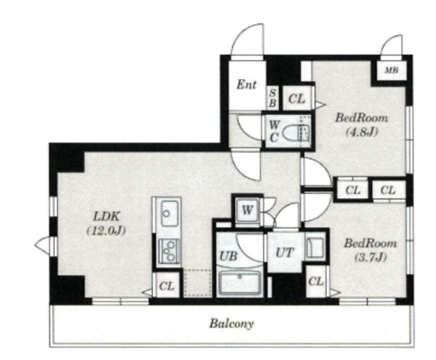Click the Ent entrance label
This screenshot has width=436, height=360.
click(246, 84)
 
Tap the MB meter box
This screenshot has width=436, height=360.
click(391, 70)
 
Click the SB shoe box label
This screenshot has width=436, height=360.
click(272, 98)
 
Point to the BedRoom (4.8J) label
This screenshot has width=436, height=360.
click(361, 125)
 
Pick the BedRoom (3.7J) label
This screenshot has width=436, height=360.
click(370, 250)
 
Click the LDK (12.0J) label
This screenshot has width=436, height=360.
click(106, 223)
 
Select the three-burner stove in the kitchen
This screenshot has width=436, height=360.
click(168, 251)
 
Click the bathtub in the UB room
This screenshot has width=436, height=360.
click(240, 283)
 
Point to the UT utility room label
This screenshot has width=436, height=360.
click(284, 252)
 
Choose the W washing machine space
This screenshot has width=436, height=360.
click(247, 210)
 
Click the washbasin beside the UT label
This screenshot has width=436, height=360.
click(315, 246)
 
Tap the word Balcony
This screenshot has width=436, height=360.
click(232, 324)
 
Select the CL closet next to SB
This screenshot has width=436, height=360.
click(297, 98)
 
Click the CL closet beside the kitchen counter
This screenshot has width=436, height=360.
click(166, 285)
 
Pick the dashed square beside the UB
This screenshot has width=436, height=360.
click(198, 283)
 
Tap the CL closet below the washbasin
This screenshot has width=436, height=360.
click(316, 282)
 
